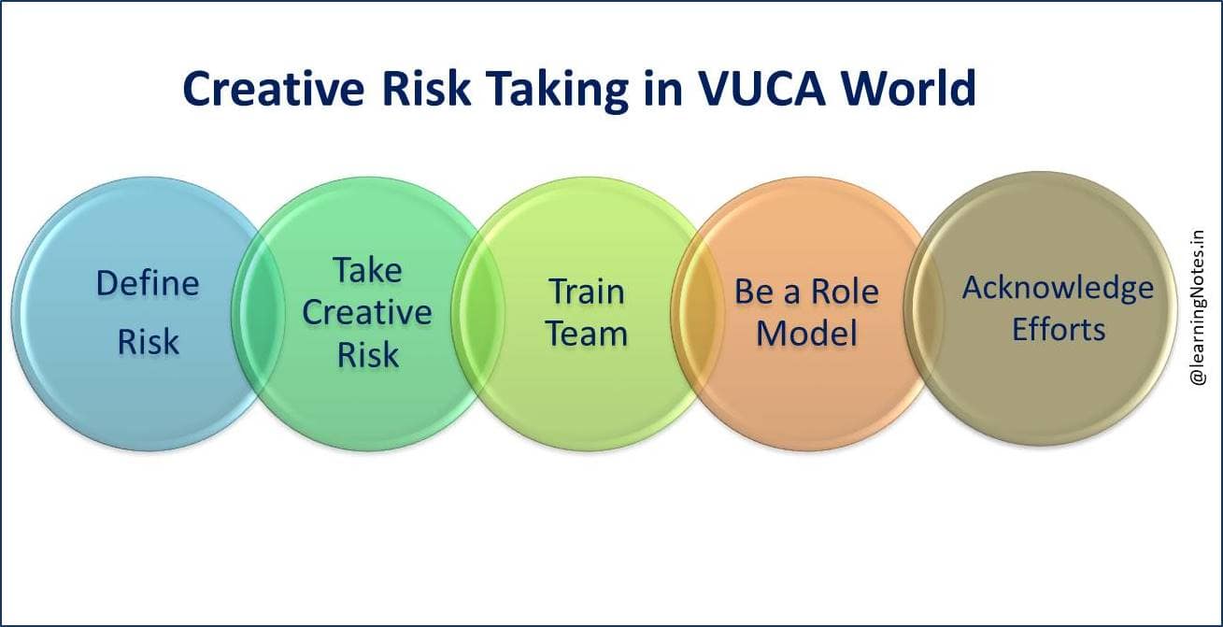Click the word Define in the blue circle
148,283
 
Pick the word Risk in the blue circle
148,342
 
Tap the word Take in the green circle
367,270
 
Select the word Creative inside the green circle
367,312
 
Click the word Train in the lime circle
586,291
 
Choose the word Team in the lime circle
586,334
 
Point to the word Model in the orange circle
806,334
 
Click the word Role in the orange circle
845,292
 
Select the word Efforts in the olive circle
1058,329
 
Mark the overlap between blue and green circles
256,313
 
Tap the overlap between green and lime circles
476,313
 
